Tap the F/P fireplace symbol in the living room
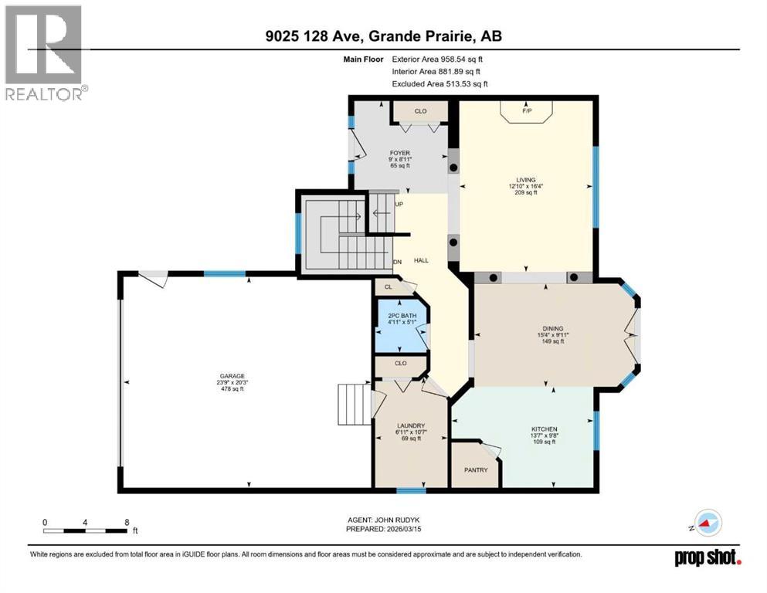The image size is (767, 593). point(528,111)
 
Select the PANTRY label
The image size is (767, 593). point(476,469)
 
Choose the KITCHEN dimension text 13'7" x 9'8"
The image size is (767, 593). point(544,435)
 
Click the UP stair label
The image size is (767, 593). point(399,205)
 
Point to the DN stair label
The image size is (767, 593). point(398,262)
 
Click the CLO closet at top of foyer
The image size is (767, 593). point(420,111)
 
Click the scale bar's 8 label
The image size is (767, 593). point(126,522)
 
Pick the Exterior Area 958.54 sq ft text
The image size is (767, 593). point(440,59)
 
